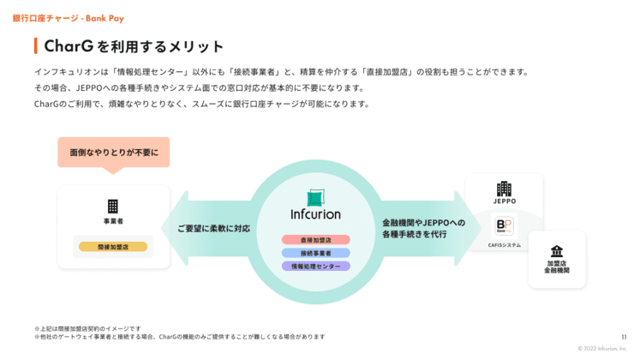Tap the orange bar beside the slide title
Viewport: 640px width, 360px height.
pos(35,46)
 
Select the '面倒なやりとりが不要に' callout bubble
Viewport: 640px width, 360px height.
pos(113,152)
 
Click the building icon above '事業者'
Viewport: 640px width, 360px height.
pos(112,206)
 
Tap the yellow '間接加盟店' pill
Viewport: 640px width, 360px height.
pos(112,247)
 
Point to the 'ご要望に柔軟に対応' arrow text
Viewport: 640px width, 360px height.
pos(213,229)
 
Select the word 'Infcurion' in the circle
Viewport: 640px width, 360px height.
pos(315,214)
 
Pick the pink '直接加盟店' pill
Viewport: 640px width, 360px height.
pos(315,240)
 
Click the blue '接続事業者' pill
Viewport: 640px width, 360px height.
pos(315,253)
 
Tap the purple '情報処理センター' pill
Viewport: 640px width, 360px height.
pos(315,266)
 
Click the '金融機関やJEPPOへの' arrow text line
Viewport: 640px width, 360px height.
pos(423,222)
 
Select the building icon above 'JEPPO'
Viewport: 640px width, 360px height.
pos(504,189)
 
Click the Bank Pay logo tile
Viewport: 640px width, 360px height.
pos(504,226)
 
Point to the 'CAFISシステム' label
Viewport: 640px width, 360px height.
pos(504,245)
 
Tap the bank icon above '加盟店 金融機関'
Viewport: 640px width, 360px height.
pos(557,250)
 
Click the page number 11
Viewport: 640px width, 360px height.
pos(623,337)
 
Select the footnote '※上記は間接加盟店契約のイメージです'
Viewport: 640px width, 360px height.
pos(87,328)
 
